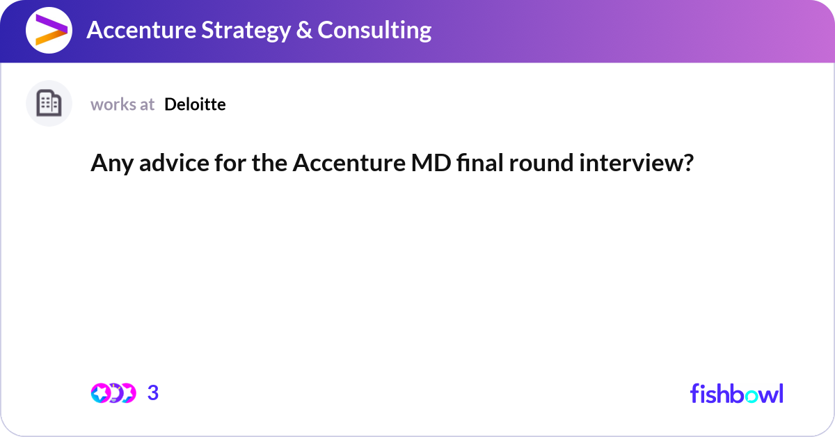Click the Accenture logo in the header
[x=49, y=30]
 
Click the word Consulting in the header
[x=374, y=30]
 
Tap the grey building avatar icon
[x=49, y=104]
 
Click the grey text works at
[x=122, y=104]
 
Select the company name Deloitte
[x=195, y=104]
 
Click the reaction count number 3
[x=153, y=393]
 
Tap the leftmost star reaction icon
[x=100, y=393]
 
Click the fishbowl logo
[x=736, y=393]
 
